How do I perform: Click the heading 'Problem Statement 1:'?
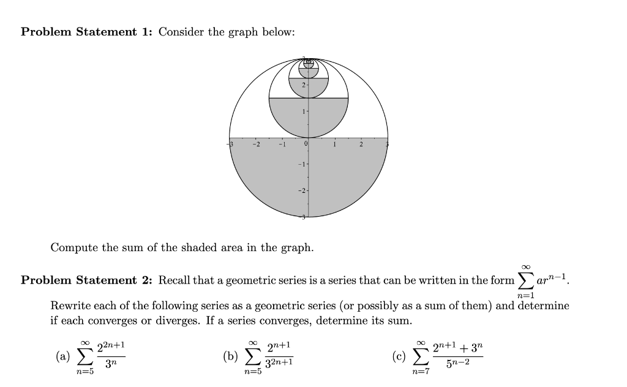(x=86, y=32)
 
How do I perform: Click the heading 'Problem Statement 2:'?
(x=86, y=280)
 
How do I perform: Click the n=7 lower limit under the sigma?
(x=421, y=372)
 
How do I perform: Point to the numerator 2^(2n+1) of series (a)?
(x=111, y=347)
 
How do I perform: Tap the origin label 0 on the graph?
(x=304, y=145)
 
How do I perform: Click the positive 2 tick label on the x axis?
(x=361, y=145)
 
